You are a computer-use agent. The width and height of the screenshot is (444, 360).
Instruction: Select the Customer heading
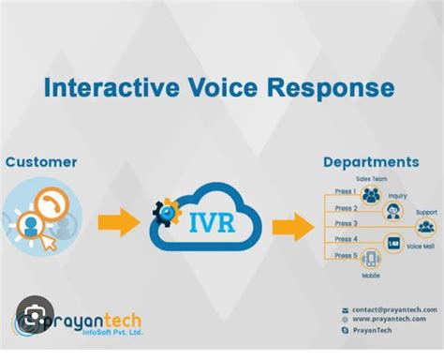(x=41, y=162)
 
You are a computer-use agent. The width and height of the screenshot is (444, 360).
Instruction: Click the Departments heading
(x=370, y=162)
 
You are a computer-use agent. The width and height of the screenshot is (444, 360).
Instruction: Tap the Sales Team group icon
(x=371, y=195)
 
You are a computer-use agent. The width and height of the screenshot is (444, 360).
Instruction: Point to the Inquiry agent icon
(x=396, y=211)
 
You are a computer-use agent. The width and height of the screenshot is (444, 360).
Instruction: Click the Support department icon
(x=426, y=227)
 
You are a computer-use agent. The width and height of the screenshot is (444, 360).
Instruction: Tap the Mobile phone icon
(x=370, y=260)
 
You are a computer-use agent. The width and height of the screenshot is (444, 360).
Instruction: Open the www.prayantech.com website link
(x=389, y=320)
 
